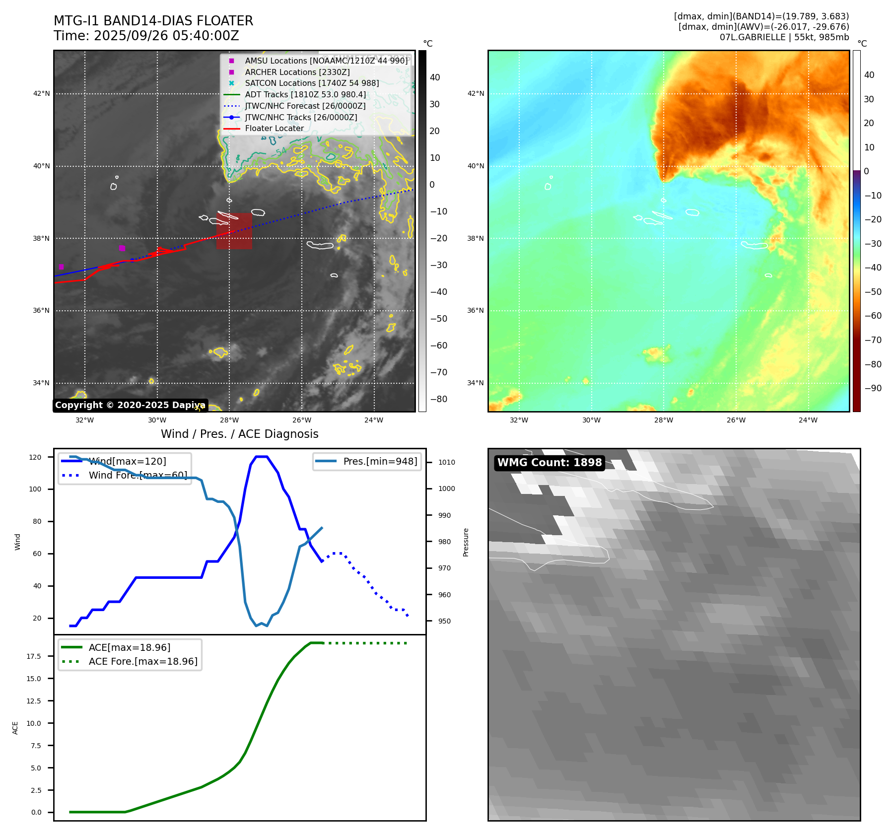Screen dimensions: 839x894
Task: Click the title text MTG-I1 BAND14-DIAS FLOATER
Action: coord(153,21)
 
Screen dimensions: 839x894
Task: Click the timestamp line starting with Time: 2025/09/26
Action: coord(146,36)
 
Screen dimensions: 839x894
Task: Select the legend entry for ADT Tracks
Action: coord(305,94)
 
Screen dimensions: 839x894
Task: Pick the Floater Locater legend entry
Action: coord(274,128)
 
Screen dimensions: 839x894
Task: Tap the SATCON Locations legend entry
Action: coord(312,83)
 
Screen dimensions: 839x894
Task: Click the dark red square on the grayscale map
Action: coord(234,231)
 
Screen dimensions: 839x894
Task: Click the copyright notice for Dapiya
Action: coord(130,405)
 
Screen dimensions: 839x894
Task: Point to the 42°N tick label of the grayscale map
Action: coord(42,93)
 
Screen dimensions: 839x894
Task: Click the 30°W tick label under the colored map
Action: coord(591,420)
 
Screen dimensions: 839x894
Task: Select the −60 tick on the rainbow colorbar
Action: coord(873,316)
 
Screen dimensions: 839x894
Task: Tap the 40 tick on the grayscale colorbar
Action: coord(435,77)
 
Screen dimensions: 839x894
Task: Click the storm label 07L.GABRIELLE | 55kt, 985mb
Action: coord(784,37)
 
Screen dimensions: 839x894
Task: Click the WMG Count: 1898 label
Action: coord(550,463)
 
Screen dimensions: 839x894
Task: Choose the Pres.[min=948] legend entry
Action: coord(380,461)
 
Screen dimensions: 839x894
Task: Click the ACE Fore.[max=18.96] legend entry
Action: coord(143,661)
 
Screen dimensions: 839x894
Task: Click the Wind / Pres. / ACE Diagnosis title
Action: coord(240,434)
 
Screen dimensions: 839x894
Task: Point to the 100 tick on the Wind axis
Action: coord(35,489)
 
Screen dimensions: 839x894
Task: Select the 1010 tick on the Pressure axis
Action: coord(446,462)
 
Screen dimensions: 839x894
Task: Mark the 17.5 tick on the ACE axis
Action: coord(34,656)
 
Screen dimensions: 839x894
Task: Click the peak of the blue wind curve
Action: coord(262,457)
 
